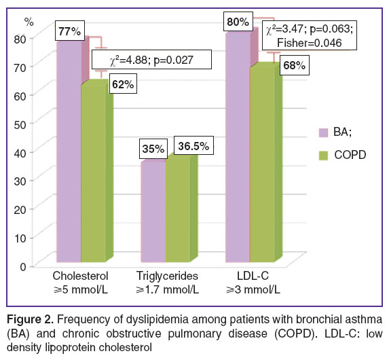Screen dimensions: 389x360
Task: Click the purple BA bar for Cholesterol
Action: click(x=69, y=151)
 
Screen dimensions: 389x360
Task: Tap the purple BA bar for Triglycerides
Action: click(x=153, y=212)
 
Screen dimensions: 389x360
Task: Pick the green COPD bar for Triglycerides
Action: click(x=178, y=209)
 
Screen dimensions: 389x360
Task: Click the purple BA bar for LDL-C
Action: click(x=238, y=147)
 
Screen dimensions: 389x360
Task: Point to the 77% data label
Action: click(x=70, y=31)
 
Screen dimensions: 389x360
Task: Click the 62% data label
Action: click(x=123, y=84)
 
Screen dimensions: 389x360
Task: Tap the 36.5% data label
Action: click(x=193, y=145)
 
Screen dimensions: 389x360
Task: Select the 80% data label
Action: click(x=238, y=22)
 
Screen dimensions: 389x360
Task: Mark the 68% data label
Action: click(x=295, y=65)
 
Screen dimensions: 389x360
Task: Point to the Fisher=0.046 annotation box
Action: click(x=310, y=36)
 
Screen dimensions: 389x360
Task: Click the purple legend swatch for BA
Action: click(x=323, y=132)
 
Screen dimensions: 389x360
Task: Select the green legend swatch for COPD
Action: click(x=323, y=156)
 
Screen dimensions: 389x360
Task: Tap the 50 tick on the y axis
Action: click(x=20, y=124)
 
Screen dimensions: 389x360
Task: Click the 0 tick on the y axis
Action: click(x=23, y=267)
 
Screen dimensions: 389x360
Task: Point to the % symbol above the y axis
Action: click(x=29, y=22)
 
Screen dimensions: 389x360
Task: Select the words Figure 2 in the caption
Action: click(x=30, y=319)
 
